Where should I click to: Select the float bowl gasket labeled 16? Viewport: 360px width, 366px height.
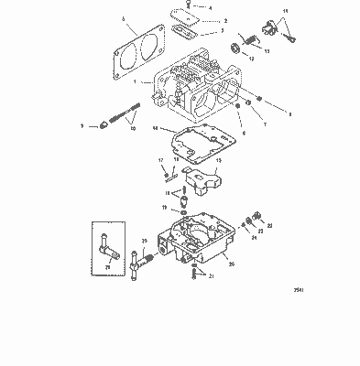[x=196, y=145]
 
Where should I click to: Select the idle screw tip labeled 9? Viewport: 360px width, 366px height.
[x=107, y=126]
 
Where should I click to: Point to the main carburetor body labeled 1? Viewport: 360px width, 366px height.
[x=192, y=91]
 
